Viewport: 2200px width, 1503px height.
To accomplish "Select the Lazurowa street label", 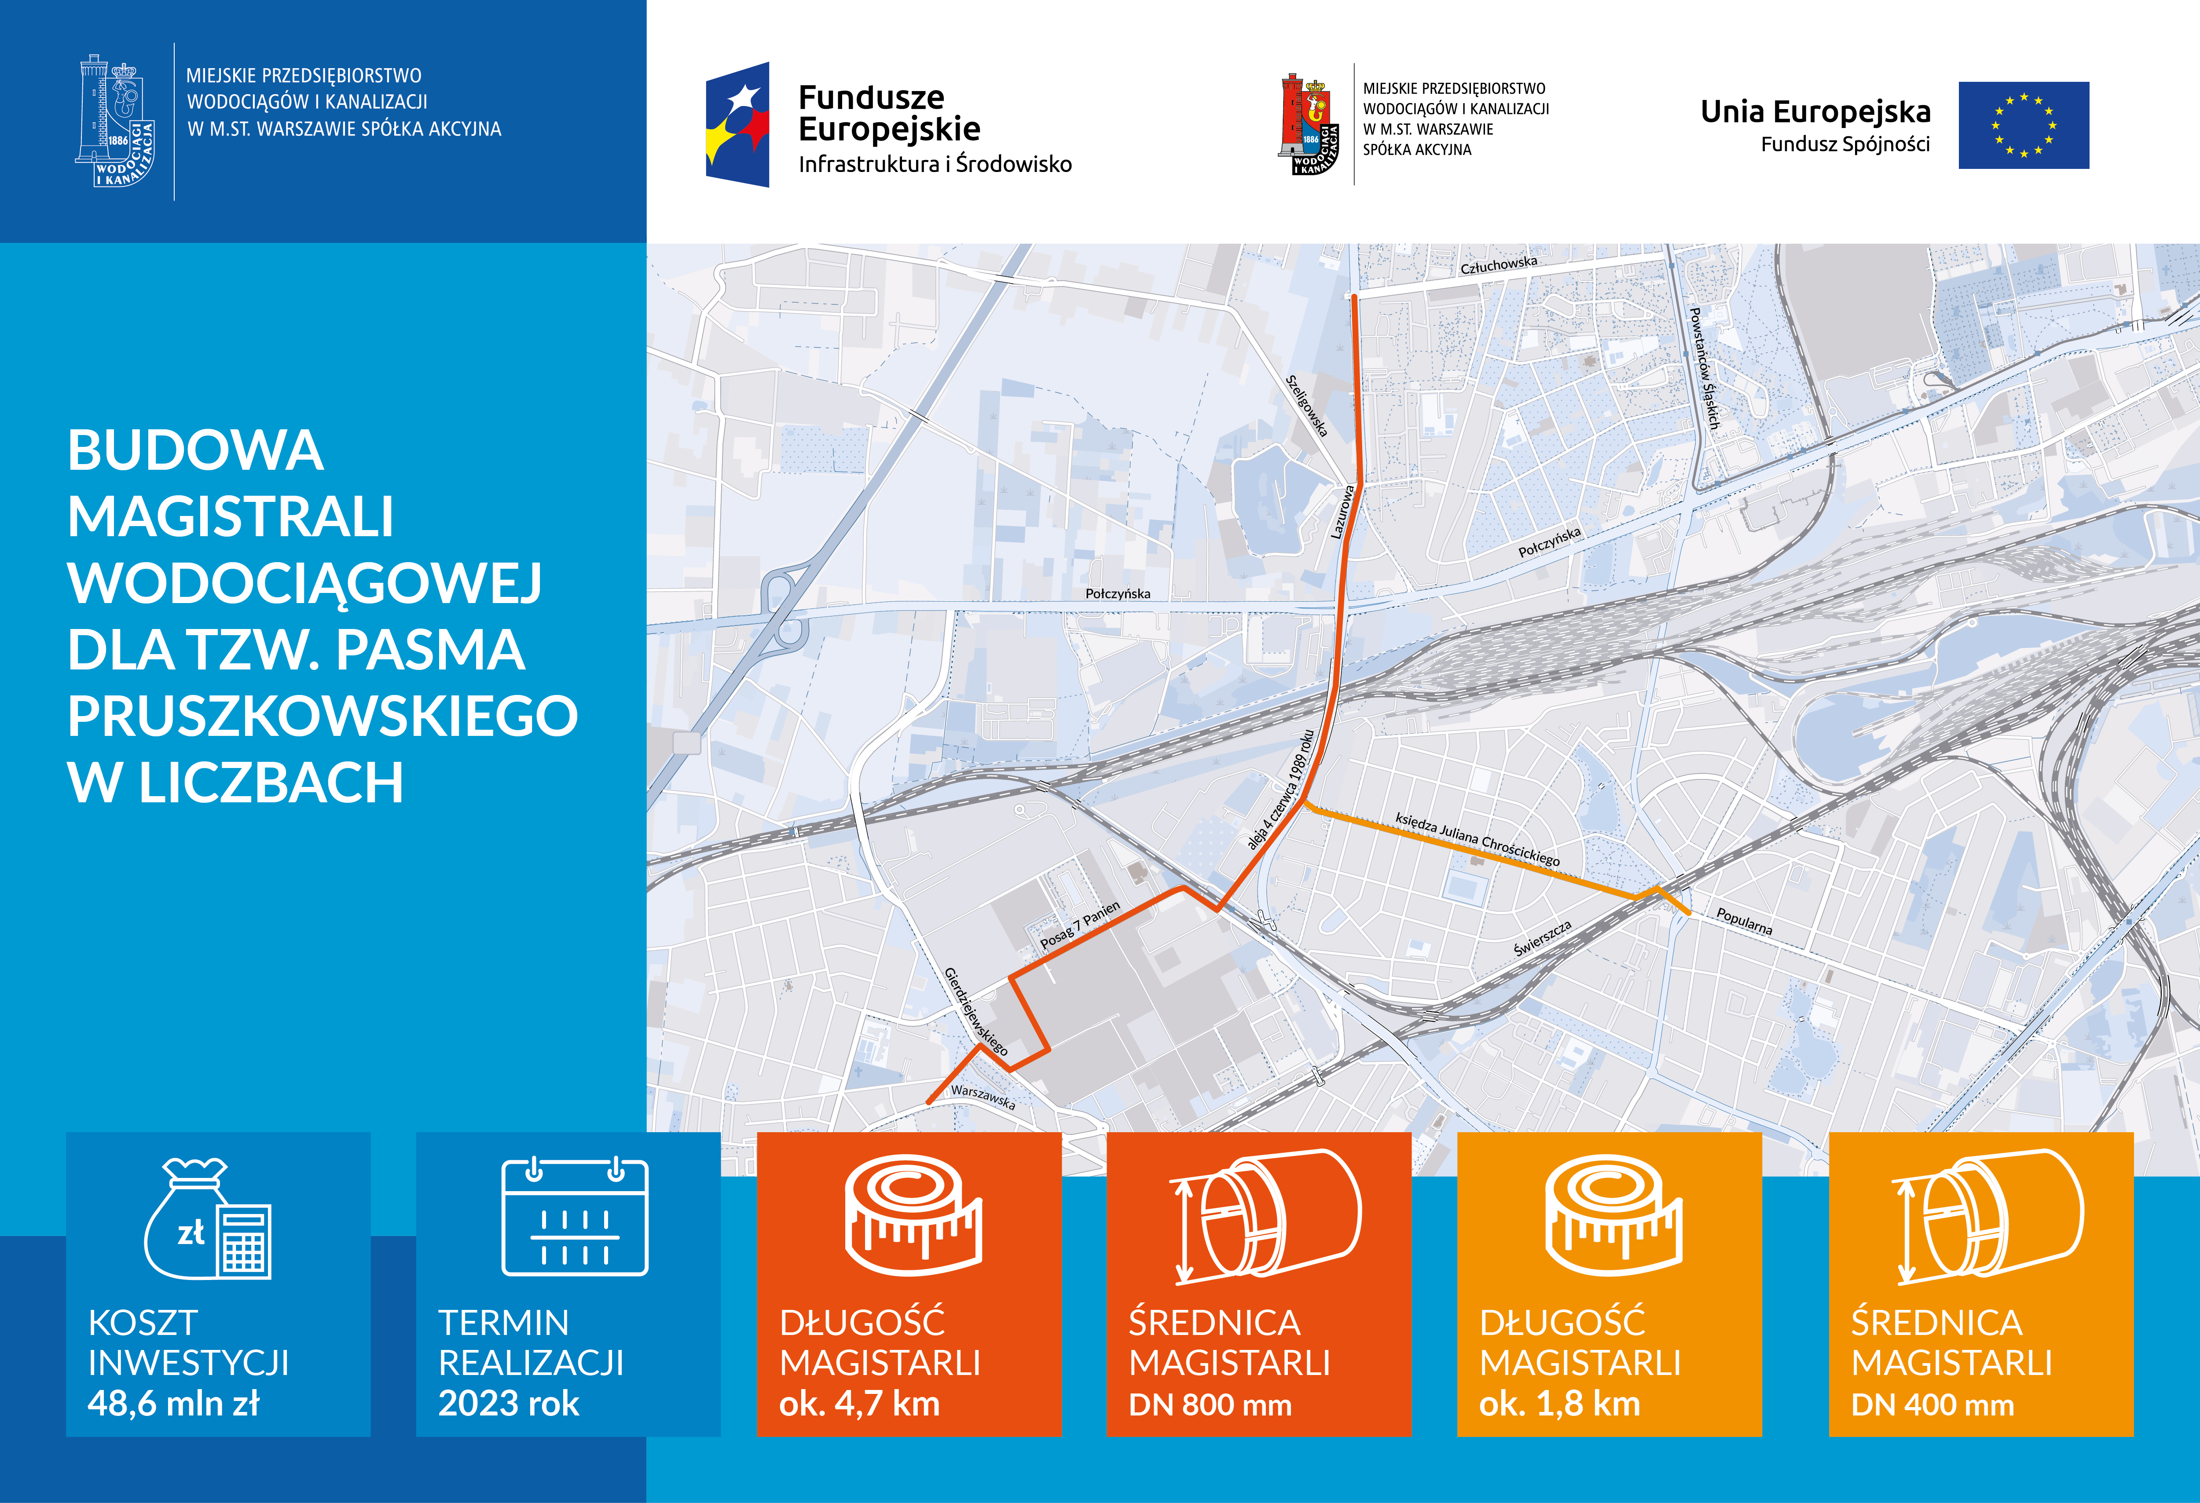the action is pyautogui.click(x=1342, y=512).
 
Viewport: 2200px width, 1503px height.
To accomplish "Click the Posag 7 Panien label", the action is pyautogui.click(x=1080, y=925).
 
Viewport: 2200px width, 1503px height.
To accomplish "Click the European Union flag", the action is pyautogui.click(x=2023, y=125).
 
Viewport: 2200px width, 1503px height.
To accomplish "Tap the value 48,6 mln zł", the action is pyautogui.click(x=173, y=1404).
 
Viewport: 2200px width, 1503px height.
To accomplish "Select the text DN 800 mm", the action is pyautogui.click(x=1210, y=1404).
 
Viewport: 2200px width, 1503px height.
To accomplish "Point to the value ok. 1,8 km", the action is pyautogui.click(x=1559, y=1404).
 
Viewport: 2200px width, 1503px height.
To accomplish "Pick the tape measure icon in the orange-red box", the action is pyautogui.click(x=913, y=1215).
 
